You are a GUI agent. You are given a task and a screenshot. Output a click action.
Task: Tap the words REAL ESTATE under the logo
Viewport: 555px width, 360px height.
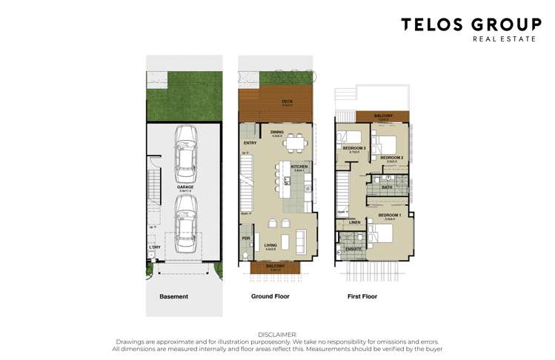tap(503, 39)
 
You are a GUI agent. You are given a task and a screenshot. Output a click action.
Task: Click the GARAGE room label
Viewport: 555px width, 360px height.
tap(185, 187)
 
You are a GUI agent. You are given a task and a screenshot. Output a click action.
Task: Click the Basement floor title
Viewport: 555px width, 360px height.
tap(174, 296)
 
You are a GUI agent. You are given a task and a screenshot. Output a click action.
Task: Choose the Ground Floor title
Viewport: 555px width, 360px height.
tap(268, 296)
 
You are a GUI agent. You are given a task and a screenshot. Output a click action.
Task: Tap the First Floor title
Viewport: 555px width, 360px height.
tap(362, 296)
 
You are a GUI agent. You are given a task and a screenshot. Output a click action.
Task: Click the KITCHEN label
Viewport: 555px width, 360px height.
tap(299, 167)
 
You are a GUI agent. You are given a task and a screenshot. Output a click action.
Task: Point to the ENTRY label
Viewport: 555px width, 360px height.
tap(250, 143)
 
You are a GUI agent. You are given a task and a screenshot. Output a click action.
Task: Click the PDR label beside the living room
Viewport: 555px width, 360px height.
tap(245, 238)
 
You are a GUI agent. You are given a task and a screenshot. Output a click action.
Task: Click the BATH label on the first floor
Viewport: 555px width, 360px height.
tap(387, 187)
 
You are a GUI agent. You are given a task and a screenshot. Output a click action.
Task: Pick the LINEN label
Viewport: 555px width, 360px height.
tap(355, 221)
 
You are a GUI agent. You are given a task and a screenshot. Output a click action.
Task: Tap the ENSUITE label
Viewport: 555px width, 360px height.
tap(353, 249)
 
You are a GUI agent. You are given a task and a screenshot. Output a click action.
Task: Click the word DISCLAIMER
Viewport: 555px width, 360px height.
tap(277, 335)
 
